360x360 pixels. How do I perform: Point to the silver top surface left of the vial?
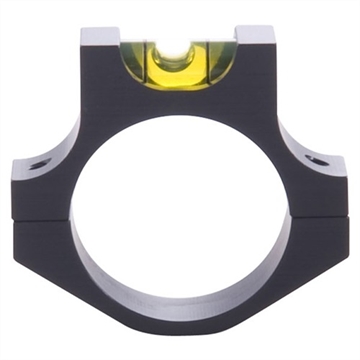102,36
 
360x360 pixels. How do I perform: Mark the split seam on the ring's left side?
40,218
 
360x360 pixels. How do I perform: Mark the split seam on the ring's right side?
320,218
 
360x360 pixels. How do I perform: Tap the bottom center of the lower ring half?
180,325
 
